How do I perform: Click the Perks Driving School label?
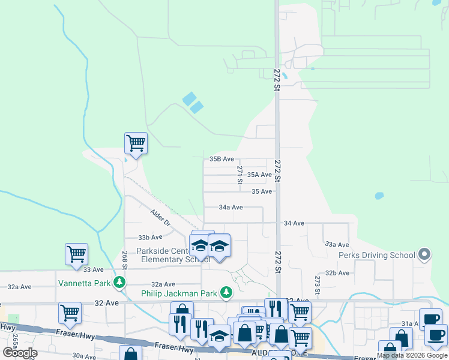click(376, 255)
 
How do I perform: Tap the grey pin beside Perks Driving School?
click(424, 255)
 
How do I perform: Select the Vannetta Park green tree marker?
click(120, 282)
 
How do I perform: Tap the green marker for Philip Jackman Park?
click(226, 293)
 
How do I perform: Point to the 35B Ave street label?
click(221, 159)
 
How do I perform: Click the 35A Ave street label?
click(259, 175)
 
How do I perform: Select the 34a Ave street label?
click(231, 207)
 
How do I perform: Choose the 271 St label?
click(240, 175)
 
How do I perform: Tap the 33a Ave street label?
click(337, 244)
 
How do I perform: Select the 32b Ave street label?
click(337, 272)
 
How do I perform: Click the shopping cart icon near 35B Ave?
click(136, 143)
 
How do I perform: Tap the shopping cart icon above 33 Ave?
click(77, 254)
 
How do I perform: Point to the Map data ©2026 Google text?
click(412, 355)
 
